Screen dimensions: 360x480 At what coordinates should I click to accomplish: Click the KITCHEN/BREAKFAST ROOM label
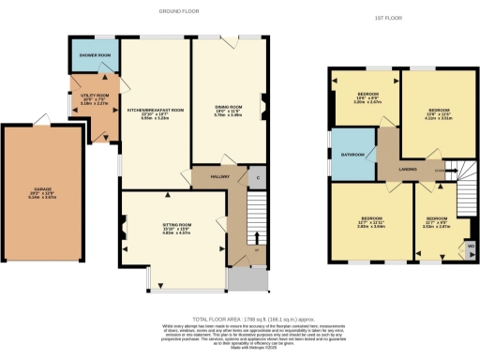pos(155,110)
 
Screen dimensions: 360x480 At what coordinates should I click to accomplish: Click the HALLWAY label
pos(207,175)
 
